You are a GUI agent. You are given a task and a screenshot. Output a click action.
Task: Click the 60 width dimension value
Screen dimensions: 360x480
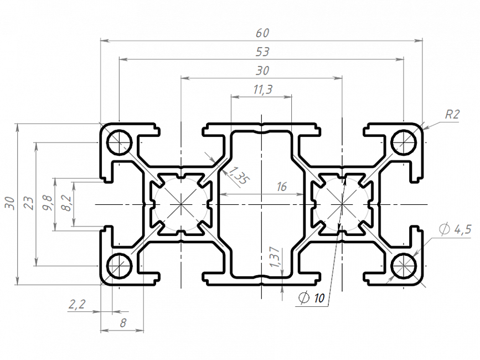coord(262,33)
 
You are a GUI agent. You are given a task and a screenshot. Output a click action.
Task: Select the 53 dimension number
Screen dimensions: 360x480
coord(262,52)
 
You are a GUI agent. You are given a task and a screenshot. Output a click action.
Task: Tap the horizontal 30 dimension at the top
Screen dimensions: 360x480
coord(262,70)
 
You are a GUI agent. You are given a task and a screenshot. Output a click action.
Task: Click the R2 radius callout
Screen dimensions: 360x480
coord(452,115)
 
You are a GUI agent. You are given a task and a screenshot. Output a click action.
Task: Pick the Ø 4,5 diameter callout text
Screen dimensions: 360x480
coord(455,229)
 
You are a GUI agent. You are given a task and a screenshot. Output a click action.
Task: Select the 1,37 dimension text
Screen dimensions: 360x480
coord(273,258)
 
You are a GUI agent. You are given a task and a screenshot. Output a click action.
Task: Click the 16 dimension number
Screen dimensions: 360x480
coord(281,187)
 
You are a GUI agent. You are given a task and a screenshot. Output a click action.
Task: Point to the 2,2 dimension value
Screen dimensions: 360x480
coord(77,304)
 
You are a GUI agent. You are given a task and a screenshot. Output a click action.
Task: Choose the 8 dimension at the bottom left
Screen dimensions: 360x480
coord(122,323)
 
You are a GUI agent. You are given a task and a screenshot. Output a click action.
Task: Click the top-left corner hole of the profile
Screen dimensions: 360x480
coord(119,142)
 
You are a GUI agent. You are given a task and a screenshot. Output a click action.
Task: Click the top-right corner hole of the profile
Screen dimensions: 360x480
coord(404,142)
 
